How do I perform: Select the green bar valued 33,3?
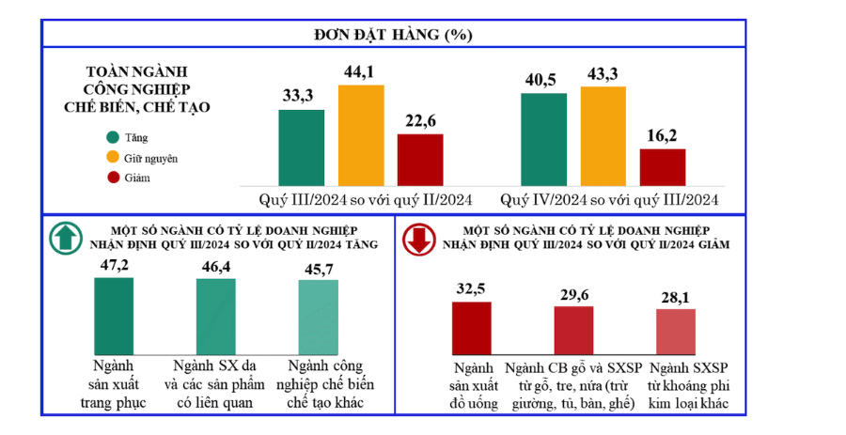click(301, 149)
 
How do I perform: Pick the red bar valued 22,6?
click(420, 162)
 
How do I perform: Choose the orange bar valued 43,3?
click(603, 138)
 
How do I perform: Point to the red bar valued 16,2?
click(663, 169)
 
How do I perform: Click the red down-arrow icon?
click(419, 240)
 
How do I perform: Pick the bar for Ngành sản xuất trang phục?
click(114, 315)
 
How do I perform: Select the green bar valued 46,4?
click(215, 317)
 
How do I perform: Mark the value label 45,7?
click(318, 268)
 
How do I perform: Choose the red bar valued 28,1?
click(675, 331)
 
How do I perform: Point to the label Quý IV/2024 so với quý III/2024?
click(609, 199)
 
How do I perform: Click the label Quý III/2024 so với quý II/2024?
click(366, 199)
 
